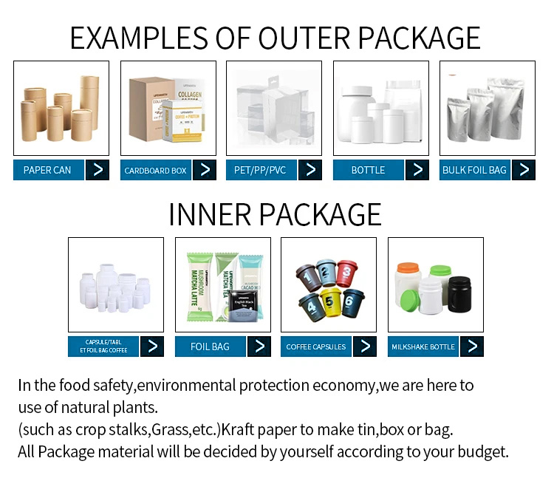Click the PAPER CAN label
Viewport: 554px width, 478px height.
tap(48, 170)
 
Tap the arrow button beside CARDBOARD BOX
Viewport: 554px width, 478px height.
tap(205, 170)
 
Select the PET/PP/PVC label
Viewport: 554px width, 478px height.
tap(260, 170)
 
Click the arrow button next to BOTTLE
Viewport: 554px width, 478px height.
tap(417, 170)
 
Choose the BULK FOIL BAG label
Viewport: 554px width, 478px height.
tap(474, 170)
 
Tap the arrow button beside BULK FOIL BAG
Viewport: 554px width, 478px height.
tap(524, 170)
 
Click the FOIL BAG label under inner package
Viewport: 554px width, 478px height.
tap(210, 346)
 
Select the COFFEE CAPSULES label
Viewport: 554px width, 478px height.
tap(316, 346)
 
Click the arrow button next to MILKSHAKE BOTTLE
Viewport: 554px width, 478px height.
tap(472, 346)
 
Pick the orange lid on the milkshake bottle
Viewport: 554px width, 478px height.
tap(408, 267)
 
